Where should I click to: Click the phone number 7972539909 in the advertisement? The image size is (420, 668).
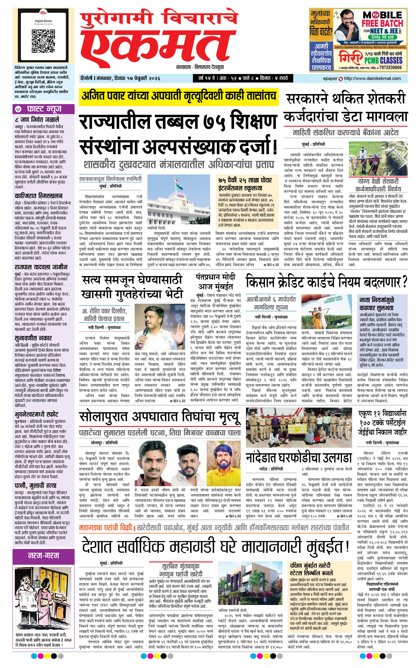point(390,67)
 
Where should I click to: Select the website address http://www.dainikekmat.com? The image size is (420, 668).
point(372,79)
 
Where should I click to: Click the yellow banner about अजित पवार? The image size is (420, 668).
point(179,96)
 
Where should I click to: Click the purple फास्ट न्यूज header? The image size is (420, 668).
point(44,109)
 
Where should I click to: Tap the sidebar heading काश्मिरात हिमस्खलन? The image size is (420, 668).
point(38,196)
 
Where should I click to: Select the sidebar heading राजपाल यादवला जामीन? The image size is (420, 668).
point(41,267)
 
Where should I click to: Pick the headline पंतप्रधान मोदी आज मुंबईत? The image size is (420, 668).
point(215,282)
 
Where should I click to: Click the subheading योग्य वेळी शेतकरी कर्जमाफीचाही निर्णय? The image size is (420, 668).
point(378,185)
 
